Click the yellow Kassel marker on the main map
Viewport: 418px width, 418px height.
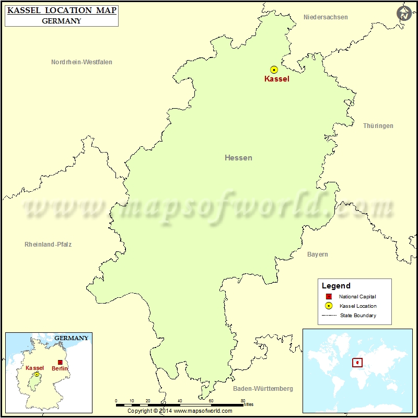tap(274, 69)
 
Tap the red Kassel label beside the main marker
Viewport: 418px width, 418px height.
tap(276, 79)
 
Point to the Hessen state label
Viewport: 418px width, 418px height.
tap(238, 158)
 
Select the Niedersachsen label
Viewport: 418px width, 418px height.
tap(326, 17)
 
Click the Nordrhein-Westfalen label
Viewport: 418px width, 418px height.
tap(82, 62)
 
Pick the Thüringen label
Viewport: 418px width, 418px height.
tap(378, 126)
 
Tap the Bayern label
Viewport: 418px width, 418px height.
tap(318, 254)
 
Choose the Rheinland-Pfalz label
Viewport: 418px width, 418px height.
tap(48, 244)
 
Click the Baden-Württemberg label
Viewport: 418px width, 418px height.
tap(263, 389)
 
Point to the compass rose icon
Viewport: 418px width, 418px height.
tap(403, 14)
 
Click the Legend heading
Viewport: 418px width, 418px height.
tap(336, 286)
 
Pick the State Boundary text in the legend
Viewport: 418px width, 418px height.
tap(358, 316)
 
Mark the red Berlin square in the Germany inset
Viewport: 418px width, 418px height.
tap(60, 362)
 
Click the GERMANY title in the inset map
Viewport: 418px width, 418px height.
tap(72, 338)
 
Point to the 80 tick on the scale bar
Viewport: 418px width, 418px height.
tap(243, 401)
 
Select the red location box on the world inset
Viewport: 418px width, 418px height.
tap(357, 362)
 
